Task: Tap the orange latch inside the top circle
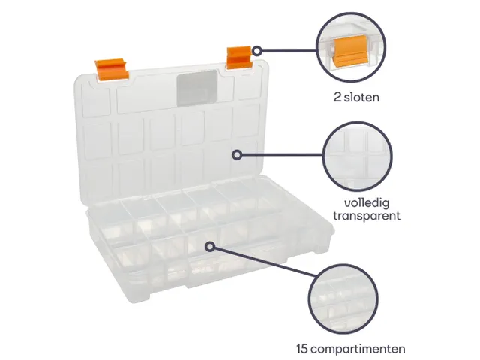tap(349, 54)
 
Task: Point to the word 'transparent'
tap(366, 216)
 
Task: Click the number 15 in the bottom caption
tap(302, 348)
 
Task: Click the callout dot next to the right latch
tap(256, 52)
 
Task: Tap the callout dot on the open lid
tap(237, 155)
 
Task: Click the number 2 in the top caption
tap(337, 97)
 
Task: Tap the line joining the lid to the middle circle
tap(282, 155)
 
